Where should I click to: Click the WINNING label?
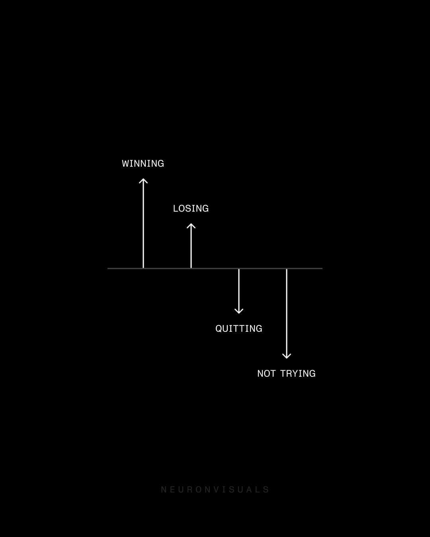(143, 163)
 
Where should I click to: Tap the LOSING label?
(191, 208)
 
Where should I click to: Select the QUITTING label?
(239, 329)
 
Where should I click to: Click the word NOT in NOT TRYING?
(266, 374)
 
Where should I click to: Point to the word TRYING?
(298, 374)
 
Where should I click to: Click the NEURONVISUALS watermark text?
(215, 490)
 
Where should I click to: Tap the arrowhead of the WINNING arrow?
(143, 181)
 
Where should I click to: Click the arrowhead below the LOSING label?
(191, 226)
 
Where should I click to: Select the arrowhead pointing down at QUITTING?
(239, 311)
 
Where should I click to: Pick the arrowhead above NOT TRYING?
(287, 356)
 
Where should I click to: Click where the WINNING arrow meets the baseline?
(143, 268)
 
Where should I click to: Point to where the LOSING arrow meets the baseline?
(191, 268)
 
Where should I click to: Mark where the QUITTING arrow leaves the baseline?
(239, 268)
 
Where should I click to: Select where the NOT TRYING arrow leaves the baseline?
(287, 268)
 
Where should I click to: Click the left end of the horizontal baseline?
(108, 268)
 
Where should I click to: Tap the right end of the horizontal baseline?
(322, 268)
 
